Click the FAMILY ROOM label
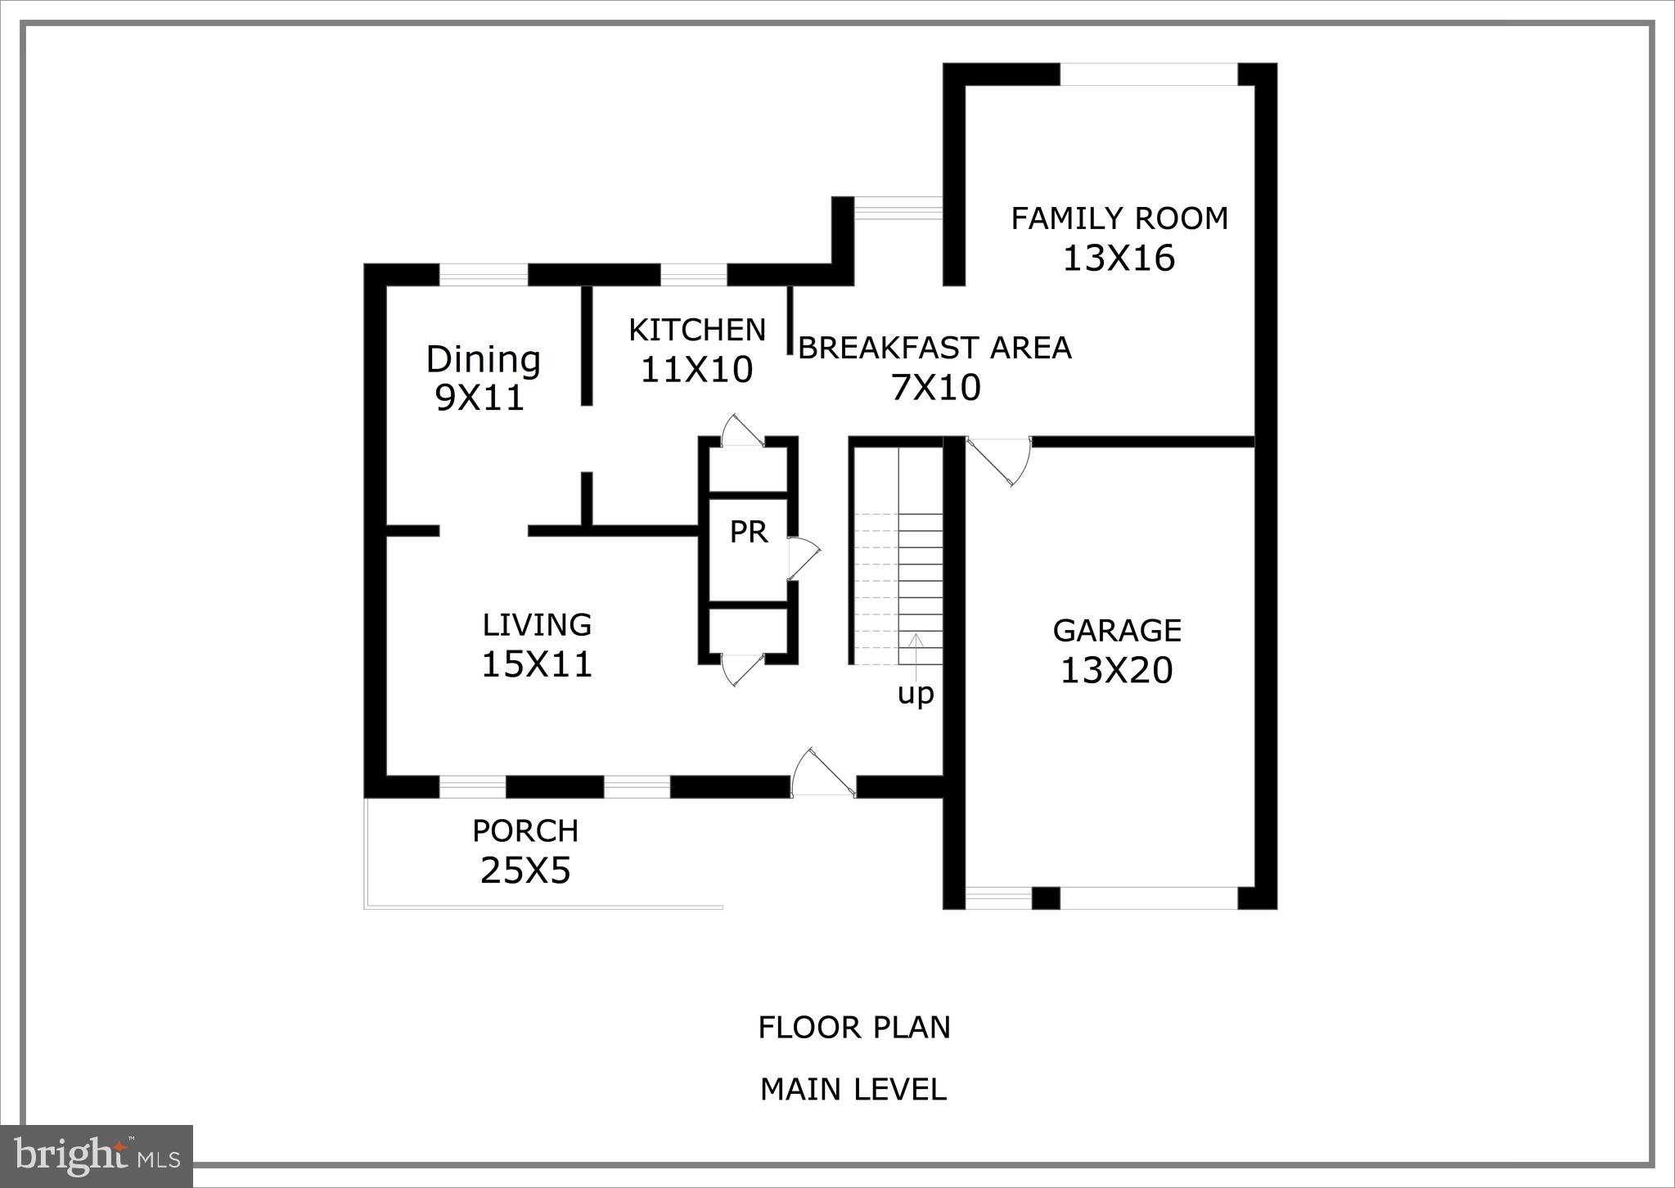1119,218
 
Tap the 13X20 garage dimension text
1116,671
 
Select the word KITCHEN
696,331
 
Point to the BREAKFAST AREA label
934,349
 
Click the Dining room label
483,360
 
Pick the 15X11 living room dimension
536,664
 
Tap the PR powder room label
748,533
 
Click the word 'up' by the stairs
915,694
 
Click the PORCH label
525,831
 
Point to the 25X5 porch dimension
525,871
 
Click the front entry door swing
822,773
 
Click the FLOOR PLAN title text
853,1028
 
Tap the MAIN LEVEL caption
853,1090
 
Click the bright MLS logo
97,1155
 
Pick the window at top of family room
1148,74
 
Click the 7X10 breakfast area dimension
935,388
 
